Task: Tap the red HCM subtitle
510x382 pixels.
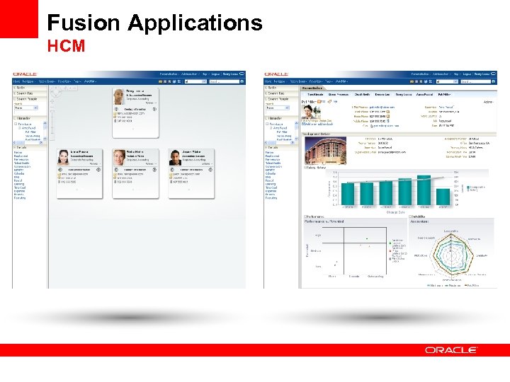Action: pyautogui.click(x=66, y=47)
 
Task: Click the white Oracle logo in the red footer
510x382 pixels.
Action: pyautogui.click(x=451, y=349)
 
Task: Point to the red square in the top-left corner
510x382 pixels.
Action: pyautogui.click(x=18, y=18)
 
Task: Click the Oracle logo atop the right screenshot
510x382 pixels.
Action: pyautogui.click(x=277, y=74)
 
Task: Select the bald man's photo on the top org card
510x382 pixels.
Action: pyautogui.click(x=118, y=97)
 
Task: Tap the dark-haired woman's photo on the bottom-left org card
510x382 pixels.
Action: pyautogui.click(x=63, y=157)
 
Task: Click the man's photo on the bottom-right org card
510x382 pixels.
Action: pyautogui.click(x=174, y=157)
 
